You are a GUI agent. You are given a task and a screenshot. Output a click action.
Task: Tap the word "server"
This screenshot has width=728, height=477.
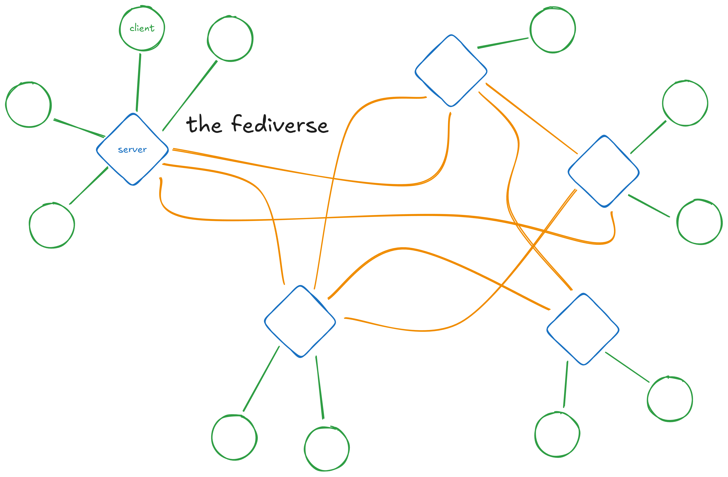tap(132, 150)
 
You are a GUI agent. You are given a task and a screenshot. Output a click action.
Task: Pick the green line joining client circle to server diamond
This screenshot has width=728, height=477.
tap(139, 83)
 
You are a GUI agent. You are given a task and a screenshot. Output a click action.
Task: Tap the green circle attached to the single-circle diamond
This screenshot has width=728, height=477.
tap(553, 30)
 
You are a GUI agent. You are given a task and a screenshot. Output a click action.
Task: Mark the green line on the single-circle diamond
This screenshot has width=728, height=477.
tap(503, 43)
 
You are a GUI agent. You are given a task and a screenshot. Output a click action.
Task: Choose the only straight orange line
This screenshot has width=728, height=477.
tap(532, 118)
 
